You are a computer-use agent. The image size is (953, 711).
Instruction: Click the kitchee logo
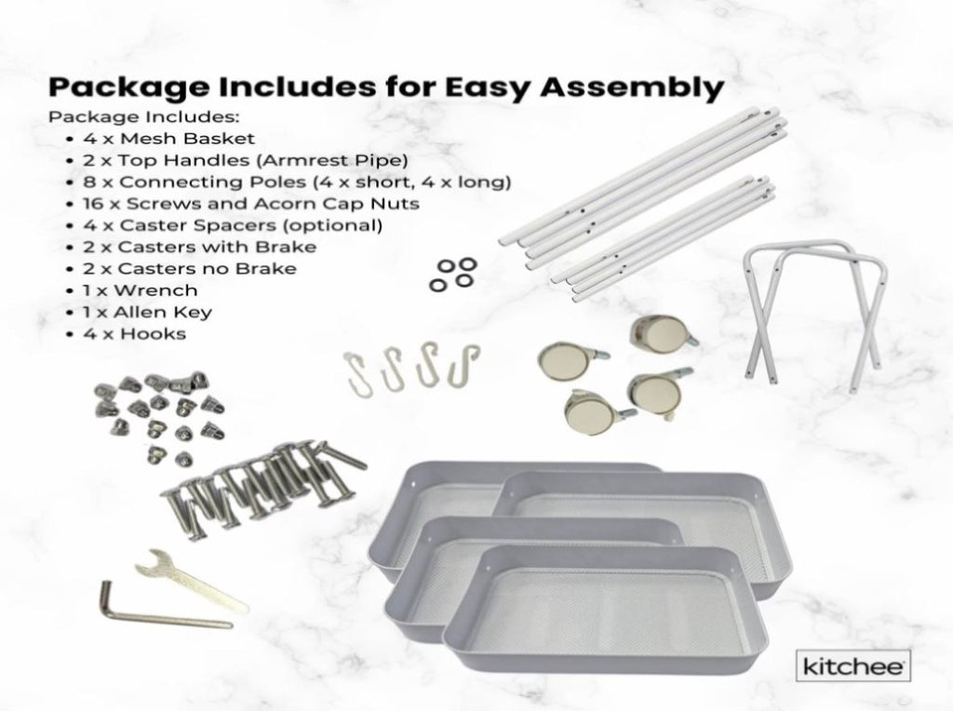click(x=852, y=665)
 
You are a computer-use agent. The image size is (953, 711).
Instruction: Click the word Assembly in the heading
click(x=631, y=88)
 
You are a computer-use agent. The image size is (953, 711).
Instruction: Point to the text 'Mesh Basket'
click(x=187, y=139)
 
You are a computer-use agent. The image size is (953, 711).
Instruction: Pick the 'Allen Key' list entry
click(x=163, y=313)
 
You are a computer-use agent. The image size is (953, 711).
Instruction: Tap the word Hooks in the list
click(x=153, y=333)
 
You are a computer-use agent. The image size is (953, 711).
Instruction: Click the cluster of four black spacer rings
click(x=453, y=274)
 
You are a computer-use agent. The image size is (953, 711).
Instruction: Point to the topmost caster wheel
click(x=663, y=333)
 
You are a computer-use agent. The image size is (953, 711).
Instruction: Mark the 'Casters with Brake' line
click(x=199, y=247)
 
